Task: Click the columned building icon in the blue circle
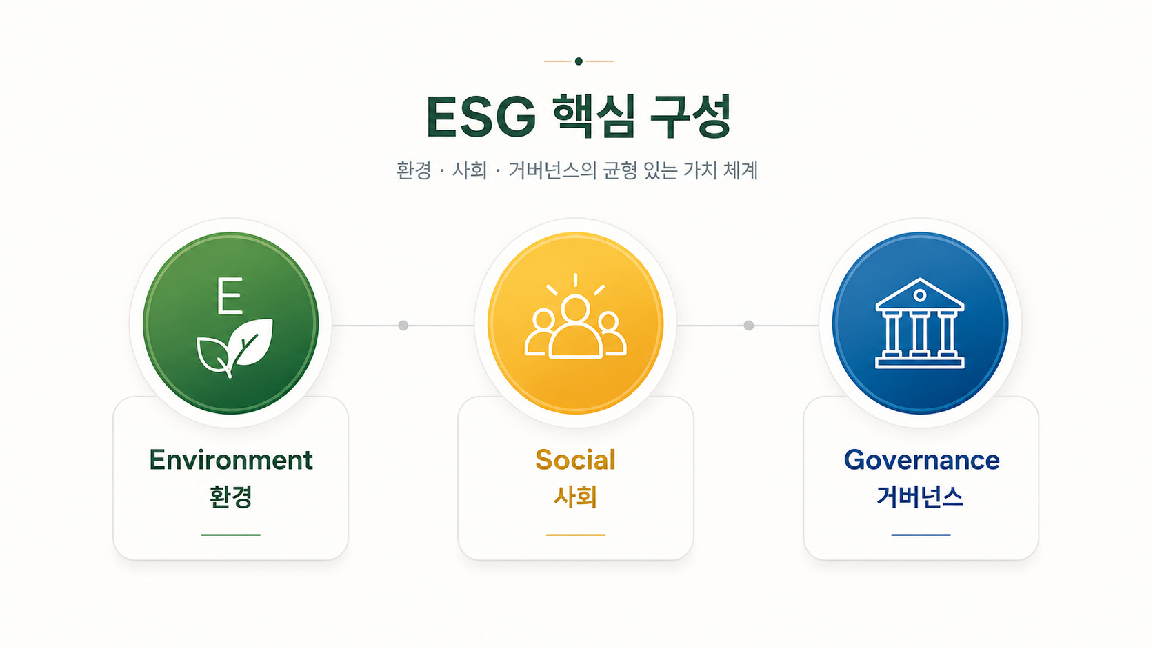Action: [920, 323]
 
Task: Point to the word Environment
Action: [231, 459]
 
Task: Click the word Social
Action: [576, 459]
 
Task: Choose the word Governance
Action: [921, 459]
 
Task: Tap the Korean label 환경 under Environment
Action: [230, 497]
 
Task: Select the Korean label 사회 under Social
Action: [576, 497]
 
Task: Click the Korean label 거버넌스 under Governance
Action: [920, 497]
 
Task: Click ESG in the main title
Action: [481, 117]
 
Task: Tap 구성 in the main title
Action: [690, 117]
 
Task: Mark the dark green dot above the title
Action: [579, 61]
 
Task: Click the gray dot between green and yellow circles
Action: [403, 326]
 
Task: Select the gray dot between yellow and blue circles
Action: [749, 326]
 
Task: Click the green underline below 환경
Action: [230, 535]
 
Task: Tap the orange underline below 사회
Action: [576, 535]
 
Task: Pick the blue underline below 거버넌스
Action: [921, 535]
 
